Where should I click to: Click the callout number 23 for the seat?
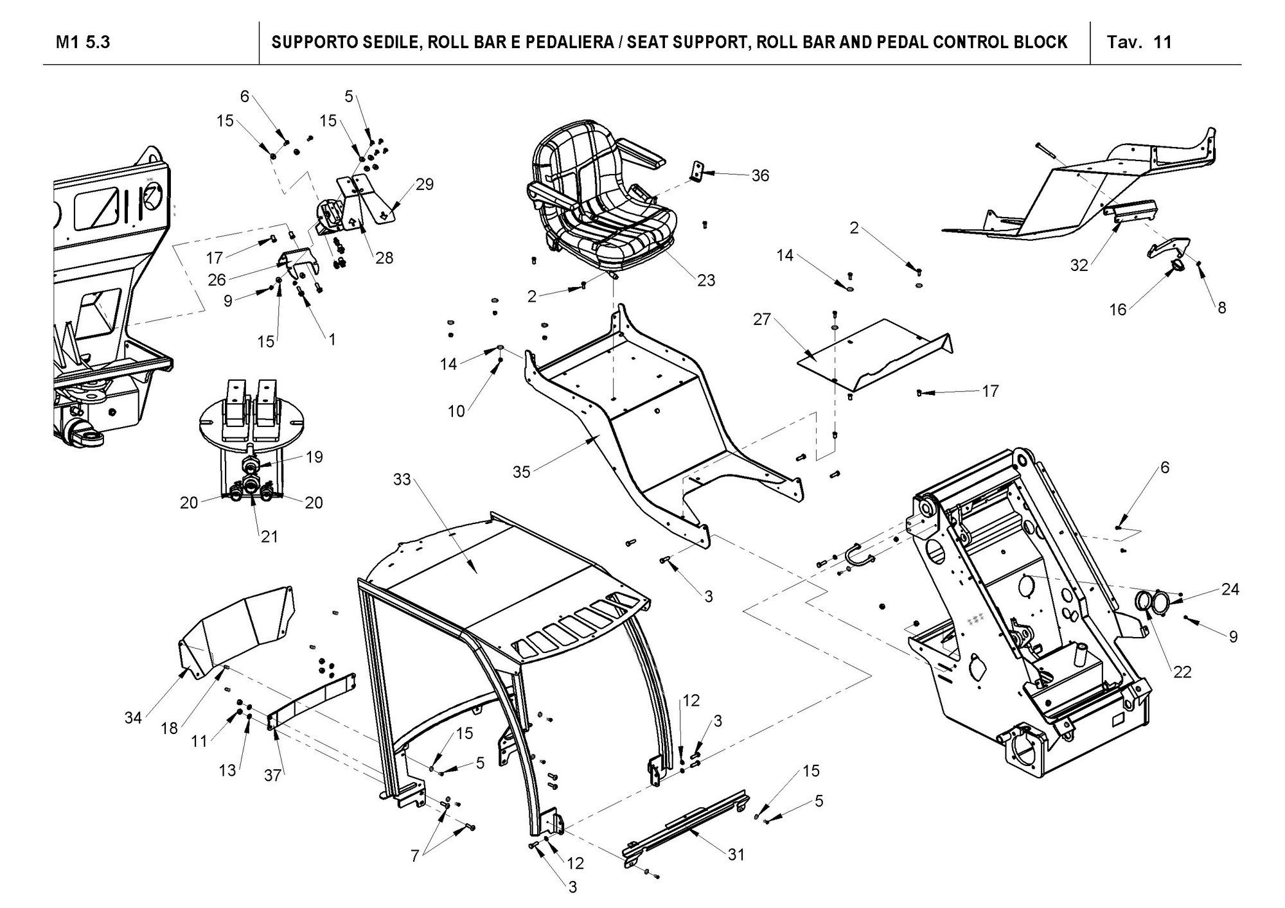[x=705, y=280]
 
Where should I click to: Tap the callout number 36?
[x=759, y=175]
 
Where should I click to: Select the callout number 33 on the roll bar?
[x=402, y=480]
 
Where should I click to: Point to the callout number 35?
[x=521, y=472]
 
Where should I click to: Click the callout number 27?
[x=761, y=319]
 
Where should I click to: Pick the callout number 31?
[x=736, y=854]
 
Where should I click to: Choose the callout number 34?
[x=133, y=718]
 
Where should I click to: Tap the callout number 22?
[x=1182, y=672]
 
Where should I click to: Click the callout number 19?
[x=314, y=457]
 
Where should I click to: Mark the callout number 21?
[x=269, y=536]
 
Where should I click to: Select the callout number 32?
[x=1079, y=265]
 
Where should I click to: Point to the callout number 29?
[x=424, y=184]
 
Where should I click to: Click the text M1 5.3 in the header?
[x=83, y=42]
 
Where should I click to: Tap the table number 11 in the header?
[x=1163, y=42]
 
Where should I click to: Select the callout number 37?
[x=273, y=775]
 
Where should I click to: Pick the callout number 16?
[x=1118, y=310]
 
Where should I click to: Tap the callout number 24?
[x=1230, y=589]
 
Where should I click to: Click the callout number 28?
[x=384, y=258]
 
